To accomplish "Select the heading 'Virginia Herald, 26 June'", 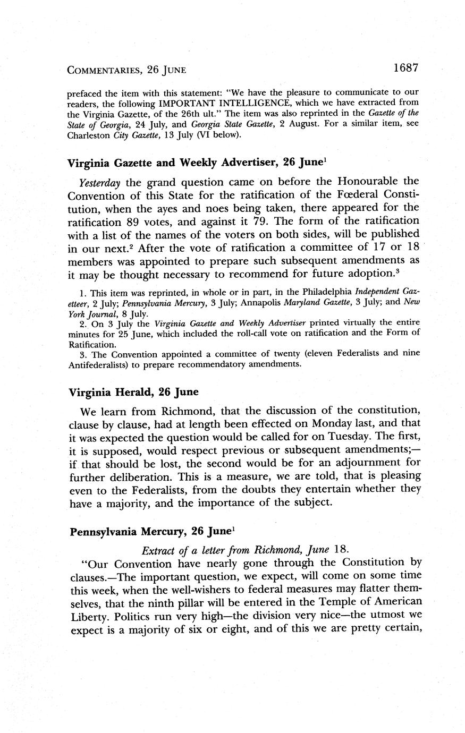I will click(133, 392).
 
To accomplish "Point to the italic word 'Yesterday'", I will click(99, 182).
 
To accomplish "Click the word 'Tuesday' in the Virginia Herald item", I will click(331, 437).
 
